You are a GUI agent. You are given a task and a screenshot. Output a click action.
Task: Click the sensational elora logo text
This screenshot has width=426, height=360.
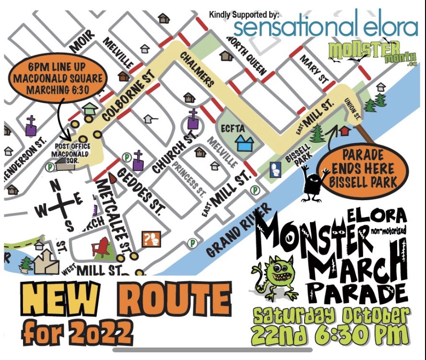(326, 27)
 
